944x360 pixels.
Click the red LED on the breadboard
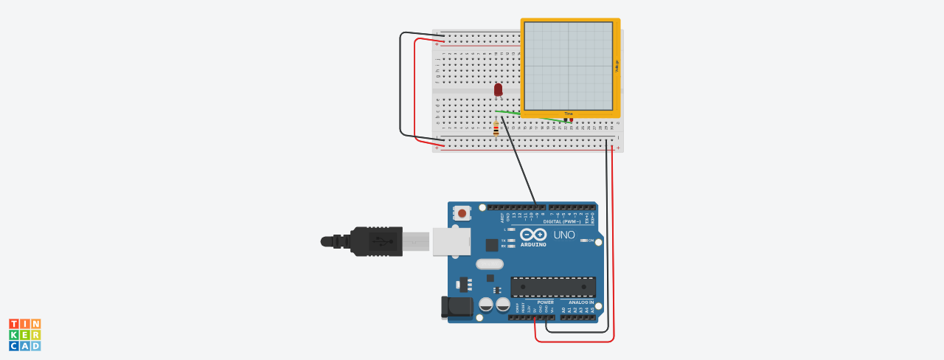pos(498,89)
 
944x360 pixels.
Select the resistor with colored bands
pos(496,130)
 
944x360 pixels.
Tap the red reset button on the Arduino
pos(462,213)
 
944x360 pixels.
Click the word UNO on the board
pos(563,235)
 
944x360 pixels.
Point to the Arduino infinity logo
pos(533,234)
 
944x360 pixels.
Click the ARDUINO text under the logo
pos(533,244)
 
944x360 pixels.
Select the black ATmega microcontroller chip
pos(553,287)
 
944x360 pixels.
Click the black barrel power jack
pos(456,308)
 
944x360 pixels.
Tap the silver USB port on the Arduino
pos(451,241)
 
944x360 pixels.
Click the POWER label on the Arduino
pos(545,302)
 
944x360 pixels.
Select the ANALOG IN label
pos(580,302)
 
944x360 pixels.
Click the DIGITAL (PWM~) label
pos(561,221)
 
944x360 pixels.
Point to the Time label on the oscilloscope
pos(569,114)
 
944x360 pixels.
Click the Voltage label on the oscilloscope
pos(617,66)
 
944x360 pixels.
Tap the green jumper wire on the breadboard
pos(527,115)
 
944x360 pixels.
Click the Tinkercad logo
pos(24,334)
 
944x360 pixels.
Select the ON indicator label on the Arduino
pos(591,240)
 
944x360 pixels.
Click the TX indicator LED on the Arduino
pos(511,240)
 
